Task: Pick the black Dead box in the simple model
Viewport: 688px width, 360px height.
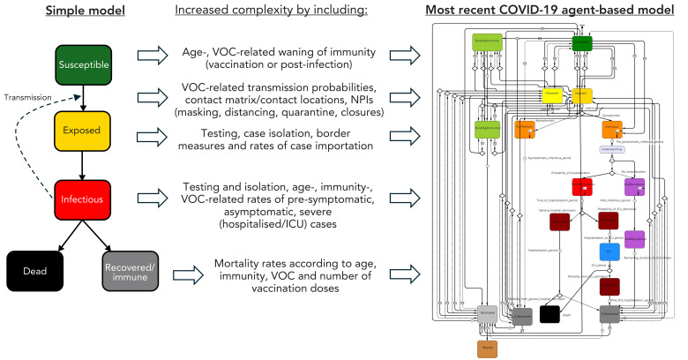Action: (34, 267)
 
